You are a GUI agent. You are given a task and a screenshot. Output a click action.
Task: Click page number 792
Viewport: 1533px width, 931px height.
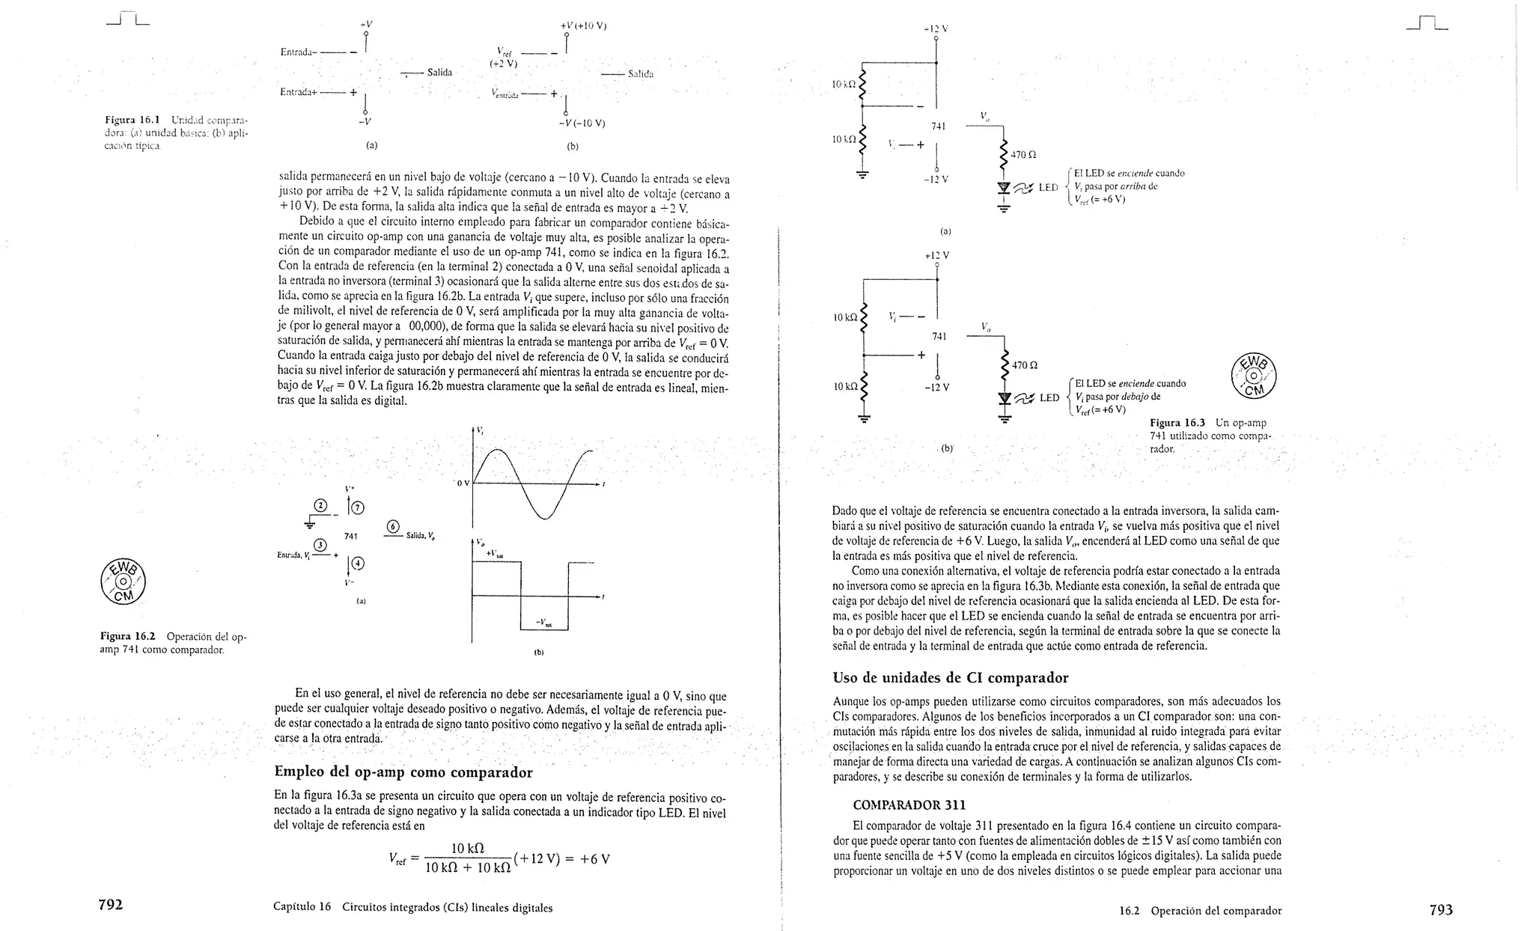(x=111, y=905)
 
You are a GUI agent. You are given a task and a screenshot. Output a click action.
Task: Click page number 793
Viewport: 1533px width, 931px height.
(x=1441, y=910)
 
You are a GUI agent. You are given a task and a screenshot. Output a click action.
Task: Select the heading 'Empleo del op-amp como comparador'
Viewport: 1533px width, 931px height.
(x=403, y=772)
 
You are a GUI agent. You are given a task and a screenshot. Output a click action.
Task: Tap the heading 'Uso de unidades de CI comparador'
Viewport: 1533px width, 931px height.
(x=951, y=677)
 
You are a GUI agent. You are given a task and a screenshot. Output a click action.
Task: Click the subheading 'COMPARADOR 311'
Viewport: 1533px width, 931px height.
(x=909, y=805)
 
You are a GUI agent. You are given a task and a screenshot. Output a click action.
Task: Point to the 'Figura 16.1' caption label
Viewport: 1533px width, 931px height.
(x=132, y=120)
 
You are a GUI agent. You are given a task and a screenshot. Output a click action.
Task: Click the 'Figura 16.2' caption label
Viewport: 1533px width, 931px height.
(x=129, y=637)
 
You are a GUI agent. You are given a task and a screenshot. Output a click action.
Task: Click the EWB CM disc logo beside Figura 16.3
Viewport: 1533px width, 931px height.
(x=1253, y=375)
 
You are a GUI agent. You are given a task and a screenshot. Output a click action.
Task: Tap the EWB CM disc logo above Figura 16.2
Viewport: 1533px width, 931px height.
(x=123, y=582)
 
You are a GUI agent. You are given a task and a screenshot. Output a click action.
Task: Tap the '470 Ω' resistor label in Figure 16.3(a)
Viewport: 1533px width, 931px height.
(x=1022, y=156)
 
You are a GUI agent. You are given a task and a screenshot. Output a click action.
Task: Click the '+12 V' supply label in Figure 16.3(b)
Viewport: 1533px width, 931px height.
(x=937, y=256)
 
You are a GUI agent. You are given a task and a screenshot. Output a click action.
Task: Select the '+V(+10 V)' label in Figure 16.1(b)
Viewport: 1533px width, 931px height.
(x=583, y=26)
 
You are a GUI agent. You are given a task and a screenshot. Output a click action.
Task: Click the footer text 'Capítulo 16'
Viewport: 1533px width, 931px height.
(x=302, y=908)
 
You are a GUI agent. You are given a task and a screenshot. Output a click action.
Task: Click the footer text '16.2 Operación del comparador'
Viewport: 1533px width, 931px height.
(x=1200, y=911)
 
